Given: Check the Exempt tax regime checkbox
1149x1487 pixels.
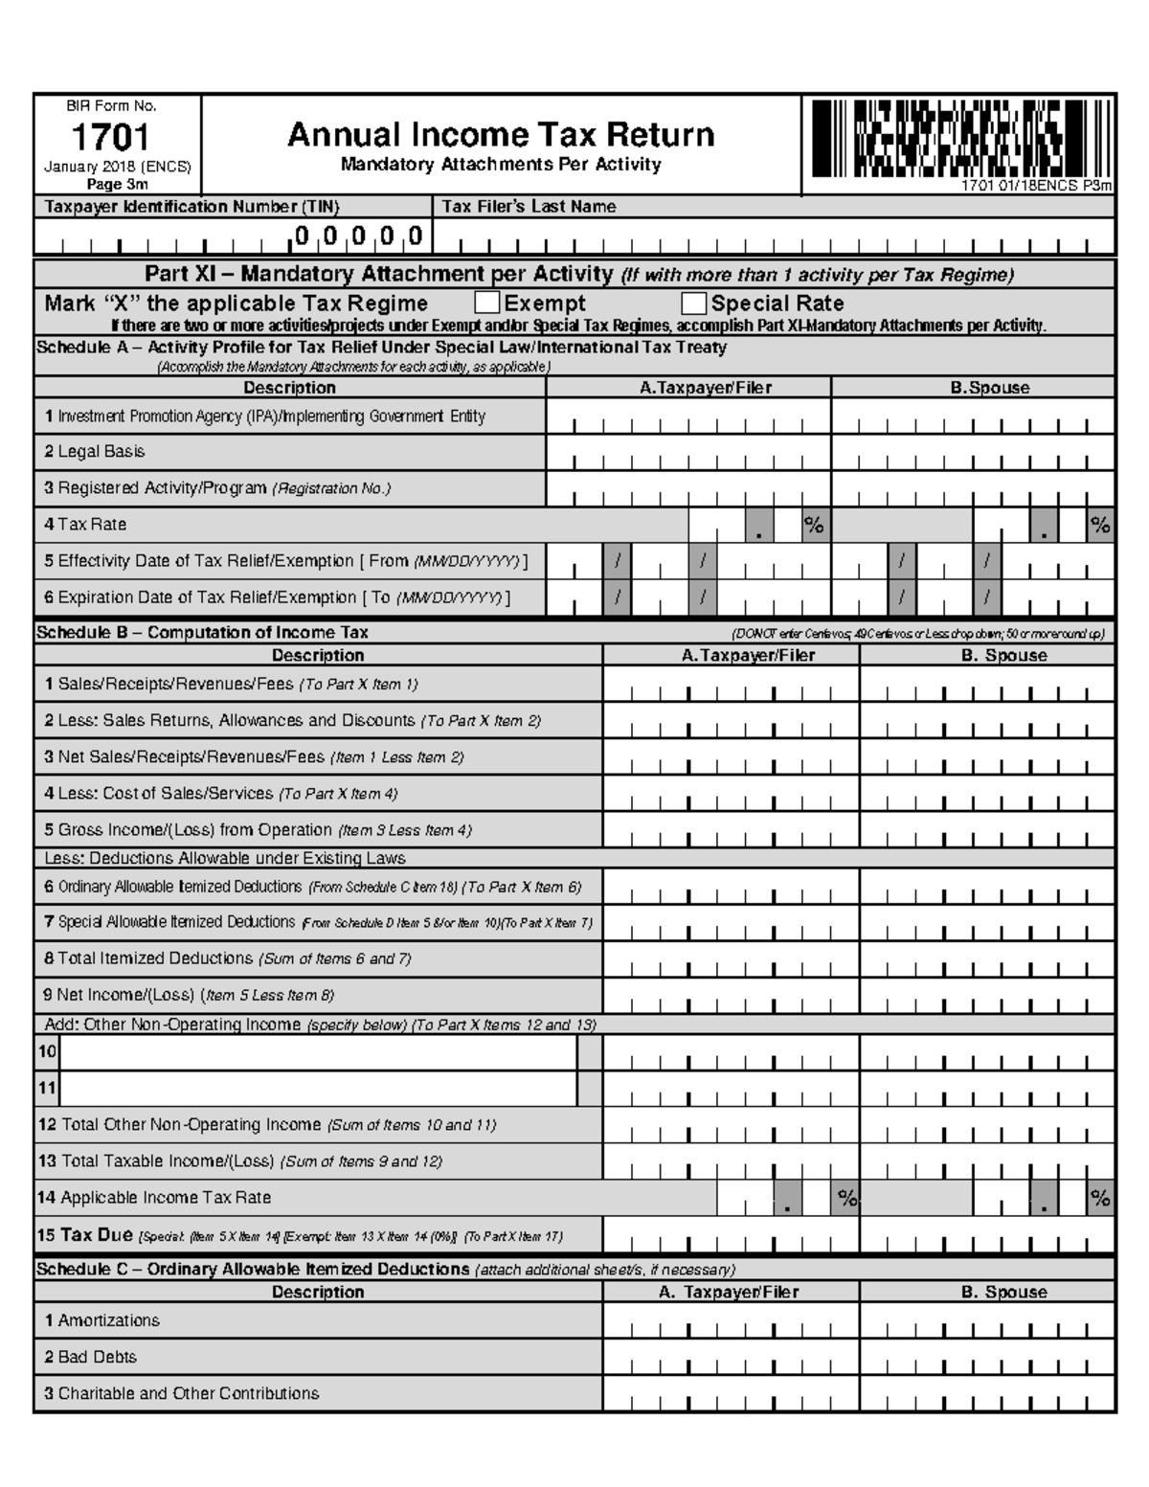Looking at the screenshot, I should pos(487,304).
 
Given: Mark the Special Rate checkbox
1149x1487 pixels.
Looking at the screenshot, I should pos(694,304).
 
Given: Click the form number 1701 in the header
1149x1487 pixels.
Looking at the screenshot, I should pos(110,138).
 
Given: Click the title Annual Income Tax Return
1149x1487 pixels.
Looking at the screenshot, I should pos(501,134).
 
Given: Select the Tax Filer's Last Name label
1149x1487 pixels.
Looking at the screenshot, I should pos(528,207).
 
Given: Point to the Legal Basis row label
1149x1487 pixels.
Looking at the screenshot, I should pos(95,452).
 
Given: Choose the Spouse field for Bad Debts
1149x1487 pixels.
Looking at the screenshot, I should pos(987,1357).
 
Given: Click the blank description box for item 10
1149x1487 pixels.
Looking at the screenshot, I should pos(319,1053).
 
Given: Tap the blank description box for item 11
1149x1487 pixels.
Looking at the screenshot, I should pos(319,1089).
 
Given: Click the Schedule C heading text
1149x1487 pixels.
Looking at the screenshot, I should pos(253,1270).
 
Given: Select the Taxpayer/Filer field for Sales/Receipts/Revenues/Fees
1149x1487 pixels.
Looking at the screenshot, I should pos(731,685).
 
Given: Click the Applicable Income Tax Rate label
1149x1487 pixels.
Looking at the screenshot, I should pos(154,1198).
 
